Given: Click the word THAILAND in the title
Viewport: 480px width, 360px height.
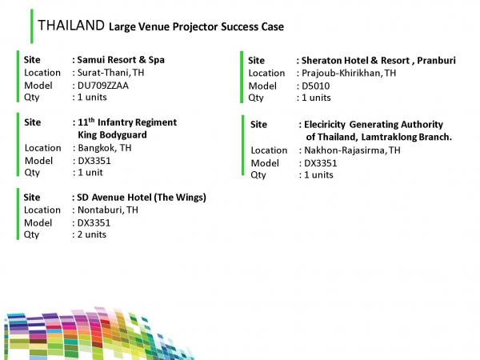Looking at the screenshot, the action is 71,25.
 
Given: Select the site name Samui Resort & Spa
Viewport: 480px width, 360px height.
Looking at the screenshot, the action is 121,60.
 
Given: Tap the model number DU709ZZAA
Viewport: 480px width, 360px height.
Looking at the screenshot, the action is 103,86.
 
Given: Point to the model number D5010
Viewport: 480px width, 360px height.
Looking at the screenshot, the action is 316,86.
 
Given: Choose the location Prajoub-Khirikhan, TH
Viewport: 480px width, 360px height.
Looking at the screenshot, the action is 349,73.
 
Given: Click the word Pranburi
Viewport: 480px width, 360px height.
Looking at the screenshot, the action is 436,60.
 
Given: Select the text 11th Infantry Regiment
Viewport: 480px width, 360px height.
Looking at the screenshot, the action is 127,122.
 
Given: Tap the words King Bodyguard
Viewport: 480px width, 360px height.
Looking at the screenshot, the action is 112,135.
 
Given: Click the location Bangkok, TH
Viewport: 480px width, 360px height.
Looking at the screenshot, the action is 105,148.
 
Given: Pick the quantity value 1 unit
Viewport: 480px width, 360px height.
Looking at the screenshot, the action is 90,172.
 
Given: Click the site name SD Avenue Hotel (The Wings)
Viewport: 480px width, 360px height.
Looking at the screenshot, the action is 142,198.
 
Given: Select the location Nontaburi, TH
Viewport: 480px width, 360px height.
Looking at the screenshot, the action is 108,210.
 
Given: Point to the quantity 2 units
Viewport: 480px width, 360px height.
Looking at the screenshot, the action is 92,234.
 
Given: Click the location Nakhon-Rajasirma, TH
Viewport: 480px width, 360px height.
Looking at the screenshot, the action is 352,150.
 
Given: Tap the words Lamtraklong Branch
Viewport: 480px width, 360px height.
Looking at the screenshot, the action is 406,137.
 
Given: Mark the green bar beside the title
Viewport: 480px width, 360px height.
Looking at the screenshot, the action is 32,26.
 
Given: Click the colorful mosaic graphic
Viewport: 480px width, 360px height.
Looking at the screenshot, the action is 98,334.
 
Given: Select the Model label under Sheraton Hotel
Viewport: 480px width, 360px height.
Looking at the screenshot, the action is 262,86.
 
